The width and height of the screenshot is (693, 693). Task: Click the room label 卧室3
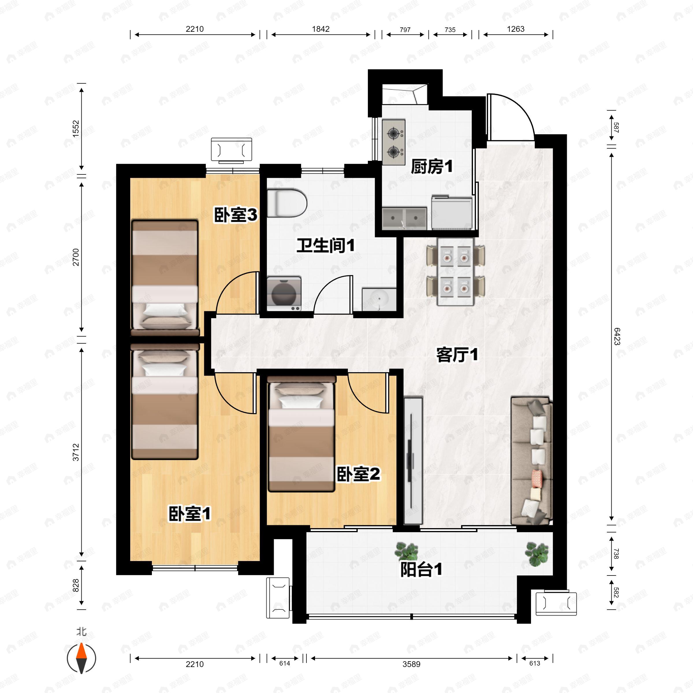pos(236,215)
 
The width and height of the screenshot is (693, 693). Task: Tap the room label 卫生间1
pos(325,246)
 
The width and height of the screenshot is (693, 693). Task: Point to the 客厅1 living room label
pos(457,355)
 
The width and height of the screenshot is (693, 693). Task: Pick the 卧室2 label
pos(358,474)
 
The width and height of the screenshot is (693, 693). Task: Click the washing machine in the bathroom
pos(284,293)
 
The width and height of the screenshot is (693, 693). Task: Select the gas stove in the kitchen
pos(394,142)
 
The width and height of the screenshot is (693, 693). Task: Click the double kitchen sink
pos(404,218)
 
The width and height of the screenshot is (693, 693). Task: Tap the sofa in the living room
pos(531,461)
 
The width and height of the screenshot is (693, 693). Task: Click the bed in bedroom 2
pos(301,434)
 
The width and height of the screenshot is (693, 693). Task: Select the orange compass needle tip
pos(82,652)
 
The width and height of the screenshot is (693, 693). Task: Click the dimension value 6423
pos(616,336)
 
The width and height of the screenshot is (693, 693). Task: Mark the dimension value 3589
pos(411,664)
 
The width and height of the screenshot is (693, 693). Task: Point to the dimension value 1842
pos(321,29)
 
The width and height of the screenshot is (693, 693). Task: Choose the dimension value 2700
pos(76,257)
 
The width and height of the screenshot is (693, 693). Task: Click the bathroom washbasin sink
pos(379,299)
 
